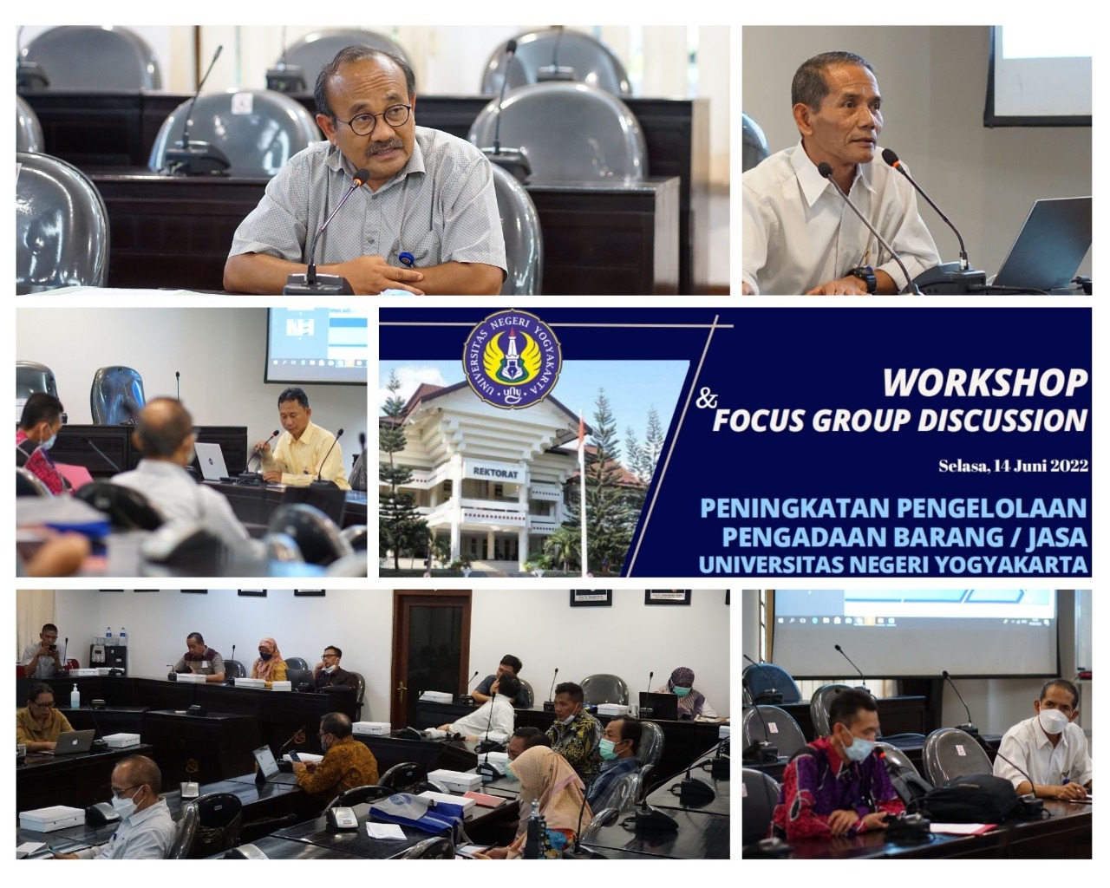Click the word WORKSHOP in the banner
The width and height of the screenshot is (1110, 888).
[984, 382]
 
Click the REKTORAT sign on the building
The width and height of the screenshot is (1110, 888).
[496, 471]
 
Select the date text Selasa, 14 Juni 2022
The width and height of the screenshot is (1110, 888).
[1013, 466]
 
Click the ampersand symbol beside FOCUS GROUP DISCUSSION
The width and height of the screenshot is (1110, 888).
[706, 399]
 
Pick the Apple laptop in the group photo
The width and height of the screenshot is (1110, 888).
[72, 742]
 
